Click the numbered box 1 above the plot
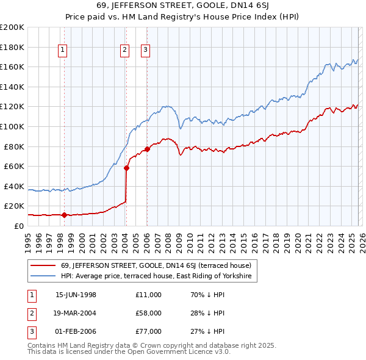pos(63,51)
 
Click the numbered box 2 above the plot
pos(124,51)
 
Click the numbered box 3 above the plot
pos(146,51)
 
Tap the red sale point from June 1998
pos(65,215)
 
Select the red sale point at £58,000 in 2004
pos(126,168)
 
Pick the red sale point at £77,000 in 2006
pos(147,149)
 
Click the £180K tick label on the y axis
pos(12,47)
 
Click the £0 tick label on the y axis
pos(18,226)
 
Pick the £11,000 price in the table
pos(149,295)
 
